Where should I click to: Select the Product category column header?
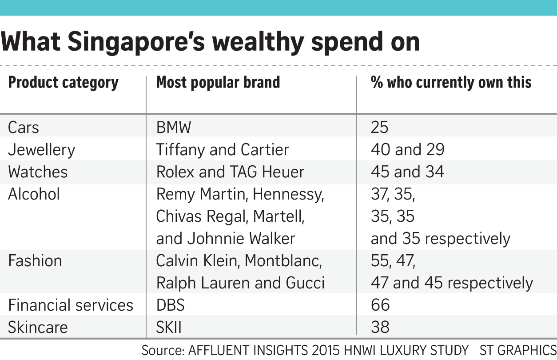tap(64, 83)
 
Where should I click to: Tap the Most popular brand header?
tap(218, 83)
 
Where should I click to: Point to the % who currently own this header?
tap(451, 83)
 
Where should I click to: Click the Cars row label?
tap(24, 128)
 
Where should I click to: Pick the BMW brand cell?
tap(174, 128)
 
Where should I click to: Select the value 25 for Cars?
tap(379, 128)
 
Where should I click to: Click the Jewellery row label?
tap(42, 150)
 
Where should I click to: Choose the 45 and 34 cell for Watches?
tap(407, 172)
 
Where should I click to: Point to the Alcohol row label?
tap(34, 194)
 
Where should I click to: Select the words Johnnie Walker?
tap(241, 239)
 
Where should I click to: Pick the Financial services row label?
tap(71, 305)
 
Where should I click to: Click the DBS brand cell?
tap(171, 305)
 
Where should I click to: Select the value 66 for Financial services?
tap(380, 305)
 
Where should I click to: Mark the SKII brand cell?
tap(169, 328)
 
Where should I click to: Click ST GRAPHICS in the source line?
tap(517, 350)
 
